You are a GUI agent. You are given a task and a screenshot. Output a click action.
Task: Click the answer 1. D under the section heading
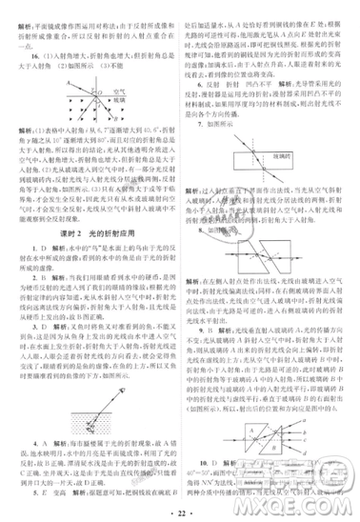click(x=34, y=249)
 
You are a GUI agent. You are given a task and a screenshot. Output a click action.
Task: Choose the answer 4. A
click(x=34, y=445)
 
